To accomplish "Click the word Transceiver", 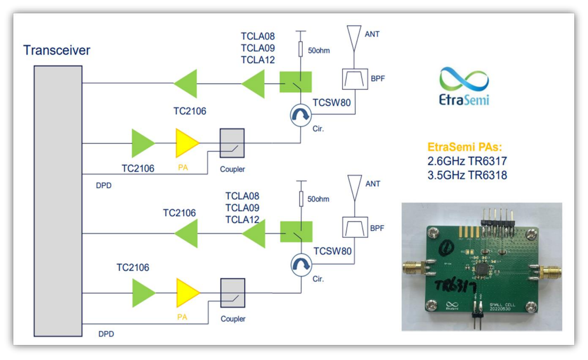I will coord(56,50).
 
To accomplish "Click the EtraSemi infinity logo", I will coord(464,79).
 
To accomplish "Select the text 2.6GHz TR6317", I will coord(467,161).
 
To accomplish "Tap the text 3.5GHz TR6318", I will coord(467,175).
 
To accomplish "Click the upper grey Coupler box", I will coord(232,143).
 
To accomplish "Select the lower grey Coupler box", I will coord(233,293).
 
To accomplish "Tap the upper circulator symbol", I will coord(300,115).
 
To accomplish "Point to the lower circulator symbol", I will coord(301,265).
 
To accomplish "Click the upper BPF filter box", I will coord(355,79).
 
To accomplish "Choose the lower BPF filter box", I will coord(355,227).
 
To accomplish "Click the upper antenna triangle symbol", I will coord(354,36).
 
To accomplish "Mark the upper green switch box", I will coord(295,82).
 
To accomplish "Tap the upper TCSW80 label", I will coord(331,103).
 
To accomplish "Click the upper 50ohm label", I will coord(319,51).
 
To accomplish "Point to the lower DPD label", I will coord(106,334).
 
